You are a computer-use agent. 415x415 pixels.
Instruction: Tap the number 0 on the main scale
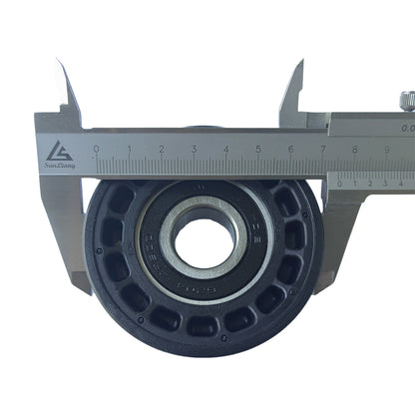[x=97, y=149]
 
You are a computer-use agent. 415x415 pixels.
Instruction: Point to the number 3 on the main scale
[x=194, y=149]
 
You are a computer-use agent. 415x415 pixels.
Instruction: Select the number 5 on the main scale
[x=258, y=149]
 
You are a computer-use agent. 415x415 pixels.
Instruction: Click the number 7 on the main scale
[x=323, y=149]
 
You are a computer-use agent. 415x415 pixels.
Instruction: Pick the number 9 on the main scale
[x=387, y=149]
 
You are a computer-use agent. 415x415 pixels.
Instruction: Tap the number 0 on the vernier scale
[x=340, y=184]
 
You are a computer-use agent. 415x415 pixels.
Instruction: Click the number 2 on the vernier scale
[x=372, y=184]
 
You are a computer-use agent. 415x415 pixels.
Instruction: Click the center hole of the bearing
[x=204, y=242]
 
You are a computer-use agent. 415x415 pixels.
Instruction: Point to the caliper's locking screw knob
[x=407, y=100]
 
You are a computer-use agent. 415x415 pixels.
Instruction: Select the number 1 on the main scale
[x=130, y=149]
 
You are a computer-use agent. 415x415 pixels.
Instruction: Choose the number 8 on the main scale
[x=355, y=149]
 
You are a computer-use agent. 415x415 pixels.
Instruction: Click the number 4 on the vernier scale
[x=403, y=184]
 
